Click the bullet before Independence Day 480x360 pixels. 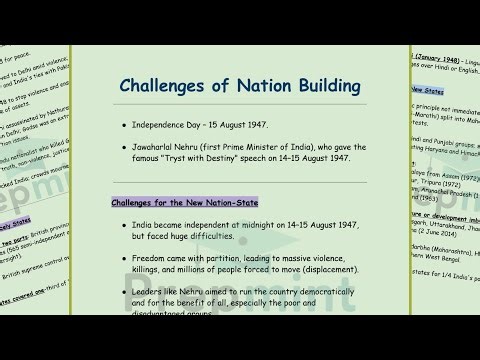[x=124, y=129]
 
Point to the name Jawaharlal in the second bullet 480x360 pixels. [x=159, y=147]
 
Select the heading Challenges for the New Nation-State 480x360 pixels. [x=187, y=203]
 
